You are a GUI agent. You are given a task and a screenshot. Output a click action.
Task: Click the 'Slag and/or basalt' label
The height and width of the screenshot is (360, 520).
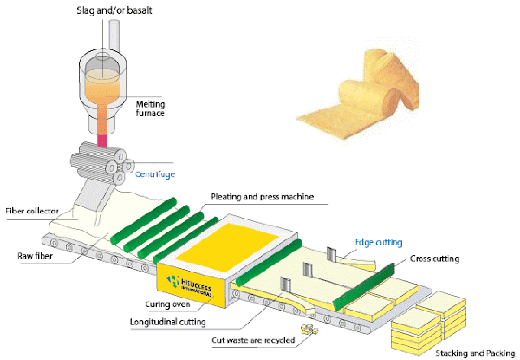[x=114, y=10]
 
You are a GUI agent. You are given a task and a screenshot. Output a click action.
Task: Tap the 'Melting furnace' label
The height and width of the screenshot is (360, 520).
[x=150, y=108]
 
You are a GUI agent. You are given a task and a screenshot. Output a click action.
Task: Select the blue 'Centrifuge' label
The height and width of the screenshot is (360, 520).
[x=155, y=174]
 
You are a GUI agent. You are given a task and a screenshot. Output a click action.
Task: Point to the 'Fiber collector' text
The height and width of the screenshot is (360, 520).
[x=32, y=211]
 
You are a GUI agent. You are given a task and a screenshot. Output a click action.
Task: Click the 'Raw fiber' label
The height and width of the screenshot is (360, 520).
[x=36, y=256]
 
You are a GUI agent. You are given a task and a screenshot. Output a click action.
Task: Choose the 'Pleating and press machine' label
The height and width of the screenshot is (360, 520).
[x=263, y=196]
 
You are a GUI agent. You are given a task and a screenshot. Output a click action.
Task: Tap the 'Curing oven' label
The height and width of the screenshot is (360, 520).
[x=167, y=304]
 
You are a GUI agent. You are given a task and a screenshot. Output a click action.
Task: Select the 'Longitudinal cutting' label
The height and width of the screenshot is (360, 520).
[x=168, y=322]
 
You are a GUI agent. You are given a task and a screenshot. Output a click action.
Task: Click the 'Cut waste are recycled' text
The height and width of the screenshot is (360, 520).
[x=253, y=340]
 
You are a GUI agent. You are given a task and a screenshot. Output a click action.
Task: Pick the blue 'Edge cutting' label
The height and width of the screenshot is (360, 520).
[x=379, y=243]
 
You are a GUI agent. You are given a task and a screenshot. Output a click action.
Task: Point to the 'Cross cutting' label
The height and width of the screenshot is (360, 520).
[x=434, y=259]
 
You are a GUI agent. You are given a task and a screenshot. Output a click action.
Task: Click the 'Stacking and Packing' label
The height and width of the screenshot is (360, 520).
[x=475, y=353]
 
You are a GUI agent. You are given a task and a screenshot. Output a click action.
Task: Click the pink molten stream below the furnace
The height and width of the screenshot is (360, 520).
[x=102, y=141]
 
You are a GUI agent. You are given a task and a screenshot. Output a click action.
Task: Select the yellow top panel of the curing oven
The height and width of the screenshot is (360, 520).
[x=226, y=243]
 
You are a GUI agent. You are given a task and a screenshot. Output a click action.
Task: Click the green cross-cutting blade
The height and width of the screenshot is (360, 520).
[x=364, y=286]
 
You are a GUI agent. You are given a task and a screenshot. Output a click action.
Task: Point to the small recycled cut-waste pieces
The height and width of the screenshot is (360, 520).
[x=309, y=329]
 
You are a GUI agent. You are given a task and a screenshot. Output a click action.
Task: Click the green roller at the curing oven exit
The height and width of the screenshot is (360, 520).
[x=269, y=262]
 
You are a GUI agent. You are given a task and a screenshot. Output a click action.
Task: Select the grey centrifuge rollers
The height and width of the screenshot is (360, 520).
[x=102, y=162]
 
